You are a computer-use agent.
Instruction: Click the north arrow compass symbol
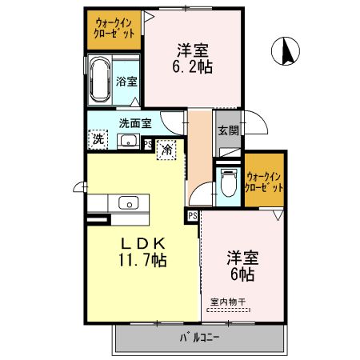284,53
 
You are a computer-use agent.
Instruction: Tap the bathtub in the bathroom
99,80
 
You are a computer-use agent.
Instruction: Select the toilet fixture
226,182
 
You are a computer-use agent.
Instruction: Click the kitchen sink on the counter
128,202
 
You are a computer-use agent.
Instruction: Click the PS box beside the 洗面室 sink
148,144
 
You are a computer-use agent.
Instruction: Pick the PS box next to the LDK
192,215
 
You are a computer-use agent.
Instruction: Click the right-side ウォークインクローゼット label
265,181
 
